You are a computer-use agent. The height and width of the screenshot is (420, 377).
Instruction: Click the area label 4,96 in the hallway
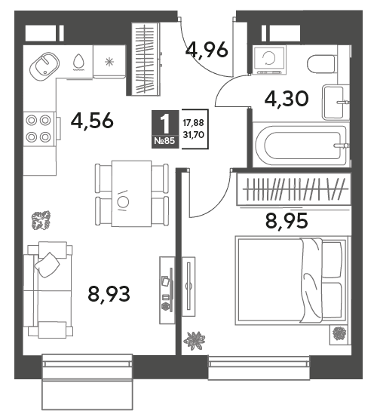(x=207, y=50)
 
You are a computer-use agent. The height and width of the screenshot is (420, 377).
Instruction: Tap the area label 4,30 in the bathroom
(x=287, y=98)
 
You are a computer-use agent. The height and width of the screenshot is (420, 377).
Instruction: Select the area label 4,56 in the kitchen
(x=92, y=121)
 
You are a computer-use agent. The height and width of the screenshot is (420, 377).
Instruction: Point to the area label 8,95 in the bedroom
(x=287, y=222)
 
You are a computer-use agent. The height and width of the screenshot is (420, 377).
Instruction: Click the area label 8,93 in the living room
(x=109, y=293)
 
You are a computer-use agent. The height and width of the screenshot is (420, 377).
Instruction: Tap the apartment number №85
(x=164, y=140)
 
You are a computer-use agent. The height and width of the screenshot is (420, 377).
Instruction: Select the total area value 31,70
(x=193, y=135)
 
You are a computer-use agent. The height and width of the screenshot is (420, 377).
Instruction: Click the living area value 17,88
(x=193, y=123)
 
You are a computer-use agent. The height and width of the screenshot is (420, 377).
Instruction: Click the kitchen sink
(x=44, y=66)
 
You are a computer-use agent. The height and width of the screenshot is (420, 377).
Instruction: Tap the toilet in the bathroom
(x=322, y=64)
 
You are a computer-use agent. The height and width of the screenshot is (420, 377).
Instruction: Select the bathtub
(x=301, y=145)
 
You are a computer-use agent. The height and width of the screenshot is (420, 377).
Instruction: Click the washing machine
(x=270, y=60)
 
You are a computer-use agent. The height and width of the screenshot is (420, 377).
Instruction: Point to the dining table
(x=131, y=193)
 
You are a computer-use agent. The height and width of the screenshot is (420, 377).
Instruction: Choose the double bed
(x=291, y=281)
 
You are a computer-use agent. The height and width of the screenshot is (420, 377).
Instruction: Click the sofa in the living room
(x=48, y=290)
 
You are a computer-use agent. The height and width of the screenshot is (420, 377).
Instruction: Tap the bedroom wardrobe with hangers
(x=293, y=189)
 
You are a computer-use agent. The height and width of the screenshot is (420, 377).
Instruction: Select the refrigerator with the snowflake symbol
(x=109, y=62)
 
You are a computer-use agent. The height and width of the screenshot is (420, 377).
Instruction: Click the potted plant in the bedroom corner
(x=339, y=334)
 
